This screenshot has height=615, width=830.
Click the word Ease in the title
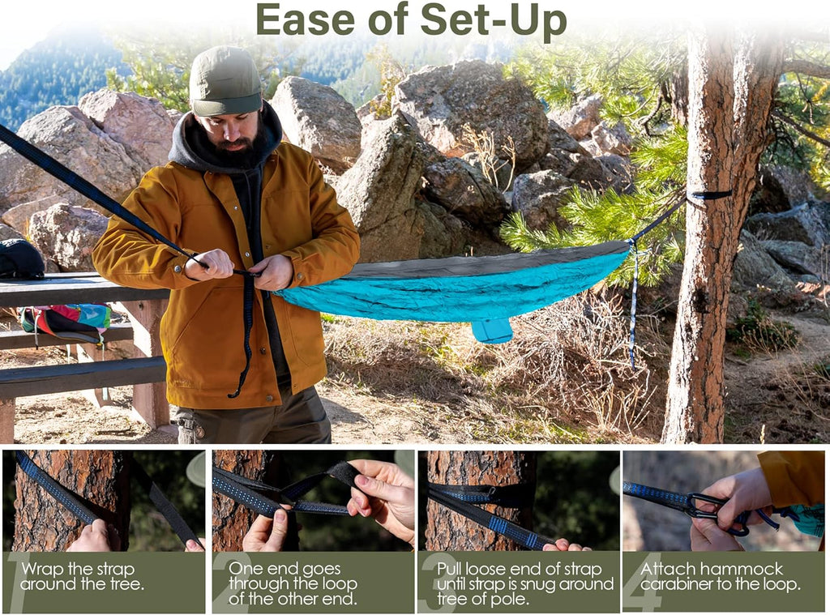pyautogui.click(x=305, y=20)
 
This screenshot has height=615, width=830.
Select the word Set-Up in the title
pyautogui.click(x=494, y=21)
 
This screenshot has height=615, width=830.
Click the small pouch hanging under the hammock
pyautogui.click(x=492, y=331)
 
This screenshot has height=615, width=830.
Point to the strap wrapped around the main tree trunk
pyautogui.click(x=709, y=196)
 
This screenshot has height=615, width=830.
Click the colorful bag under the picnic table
pyautogui.click(x=66, y=322)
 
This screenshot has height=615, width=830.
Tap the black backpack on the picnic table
pyautogui.click(x=21, y=258)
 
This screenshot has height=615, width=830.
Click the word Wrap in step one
pyautogui.click(x=43, y=570)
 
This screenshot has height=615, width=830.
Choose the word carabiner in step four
pyautogui.click(x=675, y=584)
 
